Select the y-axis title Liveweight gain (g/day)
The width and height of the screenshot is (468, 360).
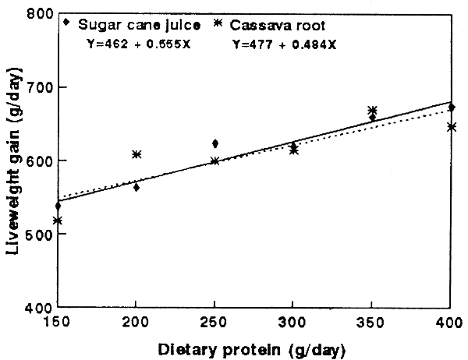pos(13,160)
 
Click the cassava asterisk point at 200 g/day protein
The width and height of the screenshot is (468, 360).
pos(136,154)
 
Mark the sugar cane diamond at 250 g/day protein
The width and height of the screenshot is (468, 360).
pos(215,143)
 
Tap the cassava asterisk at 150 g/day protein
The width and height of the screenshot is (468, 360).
pos(58,221)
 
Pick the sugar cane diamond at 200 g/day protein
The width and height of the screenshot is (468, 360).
pos(136,187)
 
